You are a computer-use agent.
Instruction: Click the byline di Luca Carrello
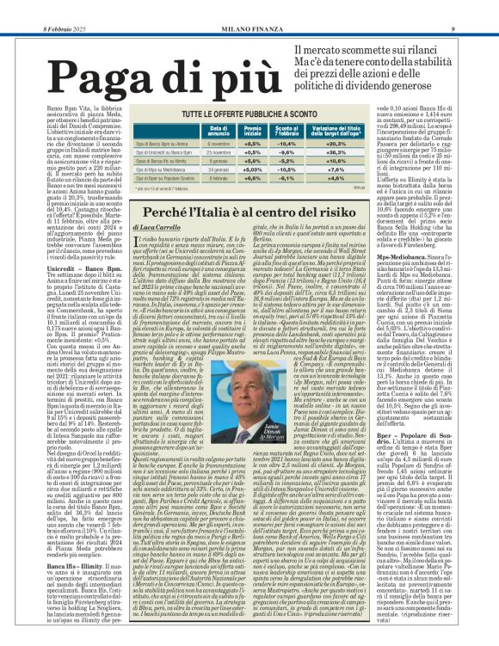click(154, 226)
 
